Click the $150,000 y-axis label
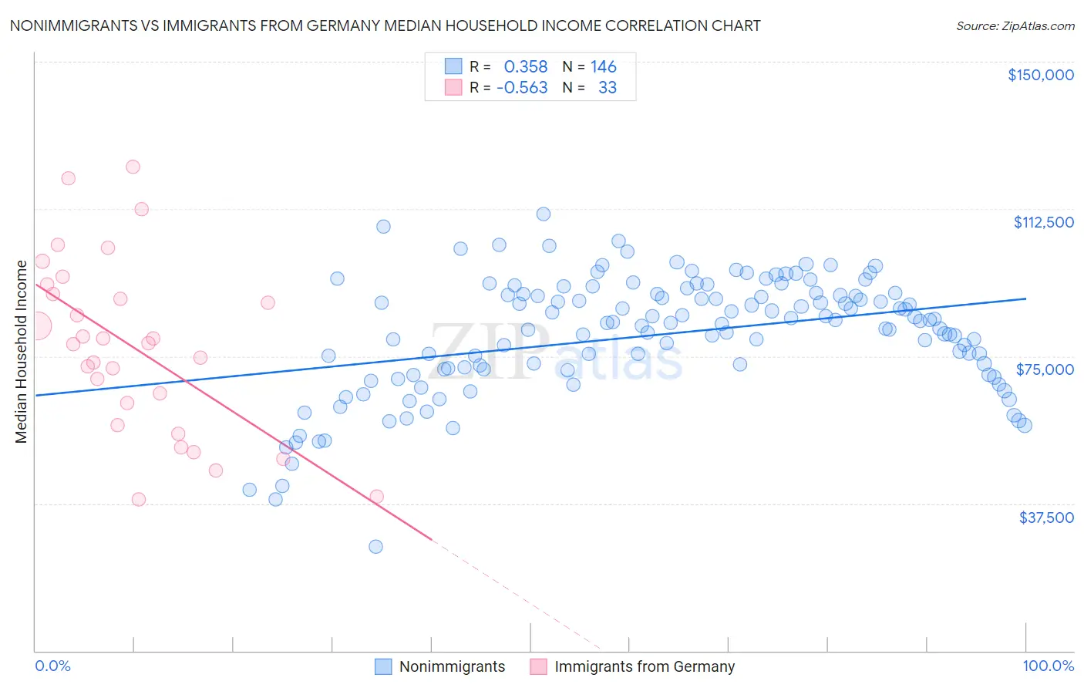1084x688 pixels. coord(1040,75)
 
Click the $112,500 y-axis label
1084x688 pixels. coord(1043,222)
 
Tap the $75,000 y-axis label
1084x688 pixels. coord(1045,369)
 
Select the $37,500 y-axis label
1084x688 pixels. coord(1045,518)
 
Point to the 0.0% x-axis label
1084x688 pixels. coord(52,666)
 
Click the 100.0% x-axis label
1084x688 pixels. coord(1048,666)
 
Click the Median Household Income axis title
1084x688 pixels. coord(21,352)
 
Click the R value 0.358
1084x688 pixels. coord(525,67)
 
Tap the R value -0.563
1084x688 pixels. coord(522,88)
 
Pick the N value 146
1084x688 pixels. coord(603,67)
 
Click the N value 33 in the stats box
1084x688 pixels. coord(608,88)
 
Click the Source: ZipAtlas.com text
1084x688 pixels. coord(1015,26)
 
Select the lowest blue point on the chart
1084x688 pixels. coord(375,547)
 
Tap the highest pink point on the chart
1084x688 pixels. coord(133,167)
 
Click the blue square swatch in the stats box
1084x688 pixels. coord(453,66)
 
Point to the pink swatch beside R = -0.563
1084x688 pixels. coord(453,87)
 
